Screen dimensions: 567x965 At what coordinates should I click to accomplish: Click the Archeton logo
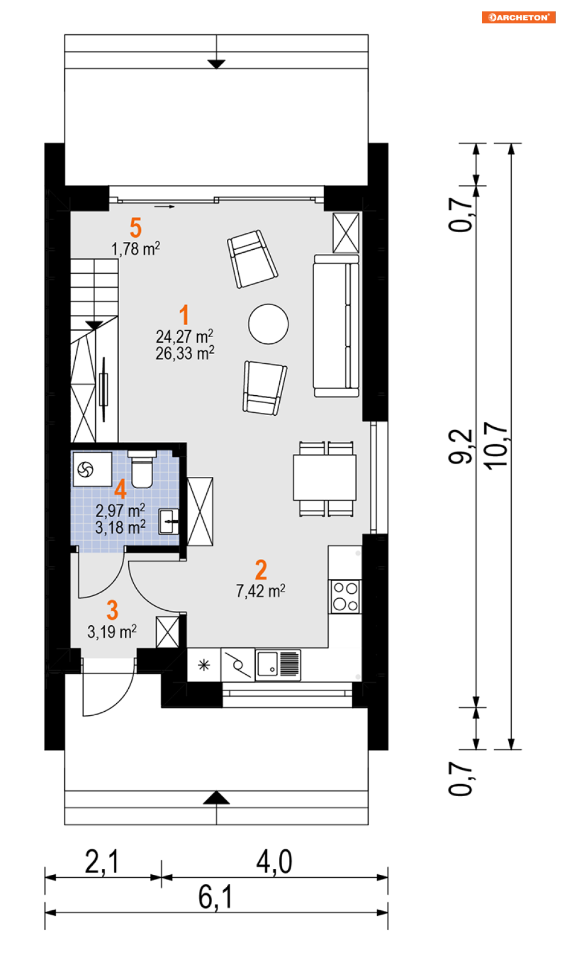click(519, 17)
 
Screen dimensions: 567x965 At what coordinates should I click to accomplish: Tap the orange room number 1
click(184, 314)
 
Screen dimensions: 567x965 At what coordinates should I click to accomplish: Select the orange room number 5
click(136, 228)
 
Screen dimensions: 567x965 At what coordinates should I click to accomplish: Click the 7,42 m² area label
click(260, 591)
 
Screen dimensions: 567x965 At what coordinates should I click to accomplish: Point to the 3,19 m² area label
click(112, 631)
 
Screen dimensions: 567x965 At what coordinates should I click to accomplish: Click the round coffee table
click(268, 324)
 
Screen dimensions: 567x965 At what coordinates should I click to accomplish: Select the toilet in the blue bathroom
click(142, 469)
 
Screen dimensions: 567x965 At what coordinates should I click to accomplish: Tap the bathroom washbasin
click(169, 522)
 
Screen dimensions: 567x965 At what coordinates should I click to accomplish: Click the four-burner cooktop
click(345, 597)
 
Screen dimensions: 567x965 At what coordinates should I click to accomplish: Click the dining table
click(325, 477)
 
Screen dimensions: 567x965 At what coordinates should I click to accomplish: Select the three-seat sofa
click(336, 326)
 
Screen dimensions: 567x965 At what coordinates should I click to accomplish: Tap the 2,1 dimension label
click(101, 862)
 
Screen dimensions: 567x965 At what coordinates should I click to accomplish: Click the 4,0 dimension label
click(274, 862)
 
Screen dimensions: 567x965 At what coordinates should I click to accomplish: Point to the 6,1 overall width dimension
click(216, 897)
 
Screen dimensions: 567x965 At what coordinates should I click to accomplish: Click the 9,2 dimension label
click(460, 447)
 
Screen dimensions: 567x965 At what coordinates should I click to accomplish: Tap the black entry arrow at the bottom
click(216, 798)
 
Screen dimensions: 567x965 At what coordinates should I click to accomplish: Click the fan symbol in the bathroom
click(85, 469)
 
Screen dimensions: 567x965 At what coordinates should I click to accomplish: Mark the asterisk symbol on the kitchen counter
click(203, 666)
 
